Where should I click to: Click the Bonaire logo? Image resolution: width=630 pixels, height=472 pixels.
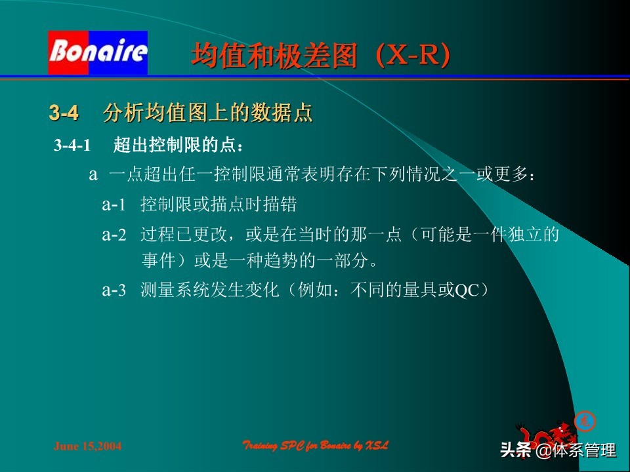click(x=97, y=52)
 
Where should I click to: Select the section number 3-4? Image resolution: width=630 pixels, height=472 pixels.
click(x=64, y=113)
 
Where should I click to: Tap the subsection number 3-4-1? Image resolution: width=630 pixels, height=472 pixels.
click(x=72, y=145)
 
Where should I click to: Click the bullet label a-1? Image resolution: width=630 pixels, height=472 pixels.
click(x=113, y=205)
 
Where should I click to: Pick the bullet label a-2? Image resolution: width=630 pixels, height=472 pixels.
click(x=113, y=235)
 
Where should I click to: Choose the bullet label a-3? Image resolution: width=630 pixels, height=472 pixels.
click(x=113, y=290)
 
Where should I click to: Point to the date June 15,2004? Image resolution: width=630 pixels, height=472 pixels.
click(x=87, y=446)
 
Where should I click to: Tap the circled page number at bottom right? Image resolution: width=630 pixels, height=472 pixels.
click(x=583, y=420)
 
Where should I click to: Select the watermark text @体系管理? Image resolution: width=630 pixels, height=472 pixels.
click(x=576, y=450)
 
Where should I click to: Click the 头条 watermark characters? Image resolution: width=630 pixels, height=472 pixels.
click(x=515, y=450)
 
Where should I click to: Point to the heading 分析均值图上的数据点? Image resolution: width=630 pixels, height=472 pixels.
click(x=207, y=113)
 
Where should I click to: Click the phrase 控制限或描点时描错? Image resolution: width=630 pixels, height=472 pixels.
click(x=219, y=205)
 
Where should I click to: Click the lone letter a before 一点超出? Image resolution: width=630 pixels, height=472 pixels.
click(x=93, y=175)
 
